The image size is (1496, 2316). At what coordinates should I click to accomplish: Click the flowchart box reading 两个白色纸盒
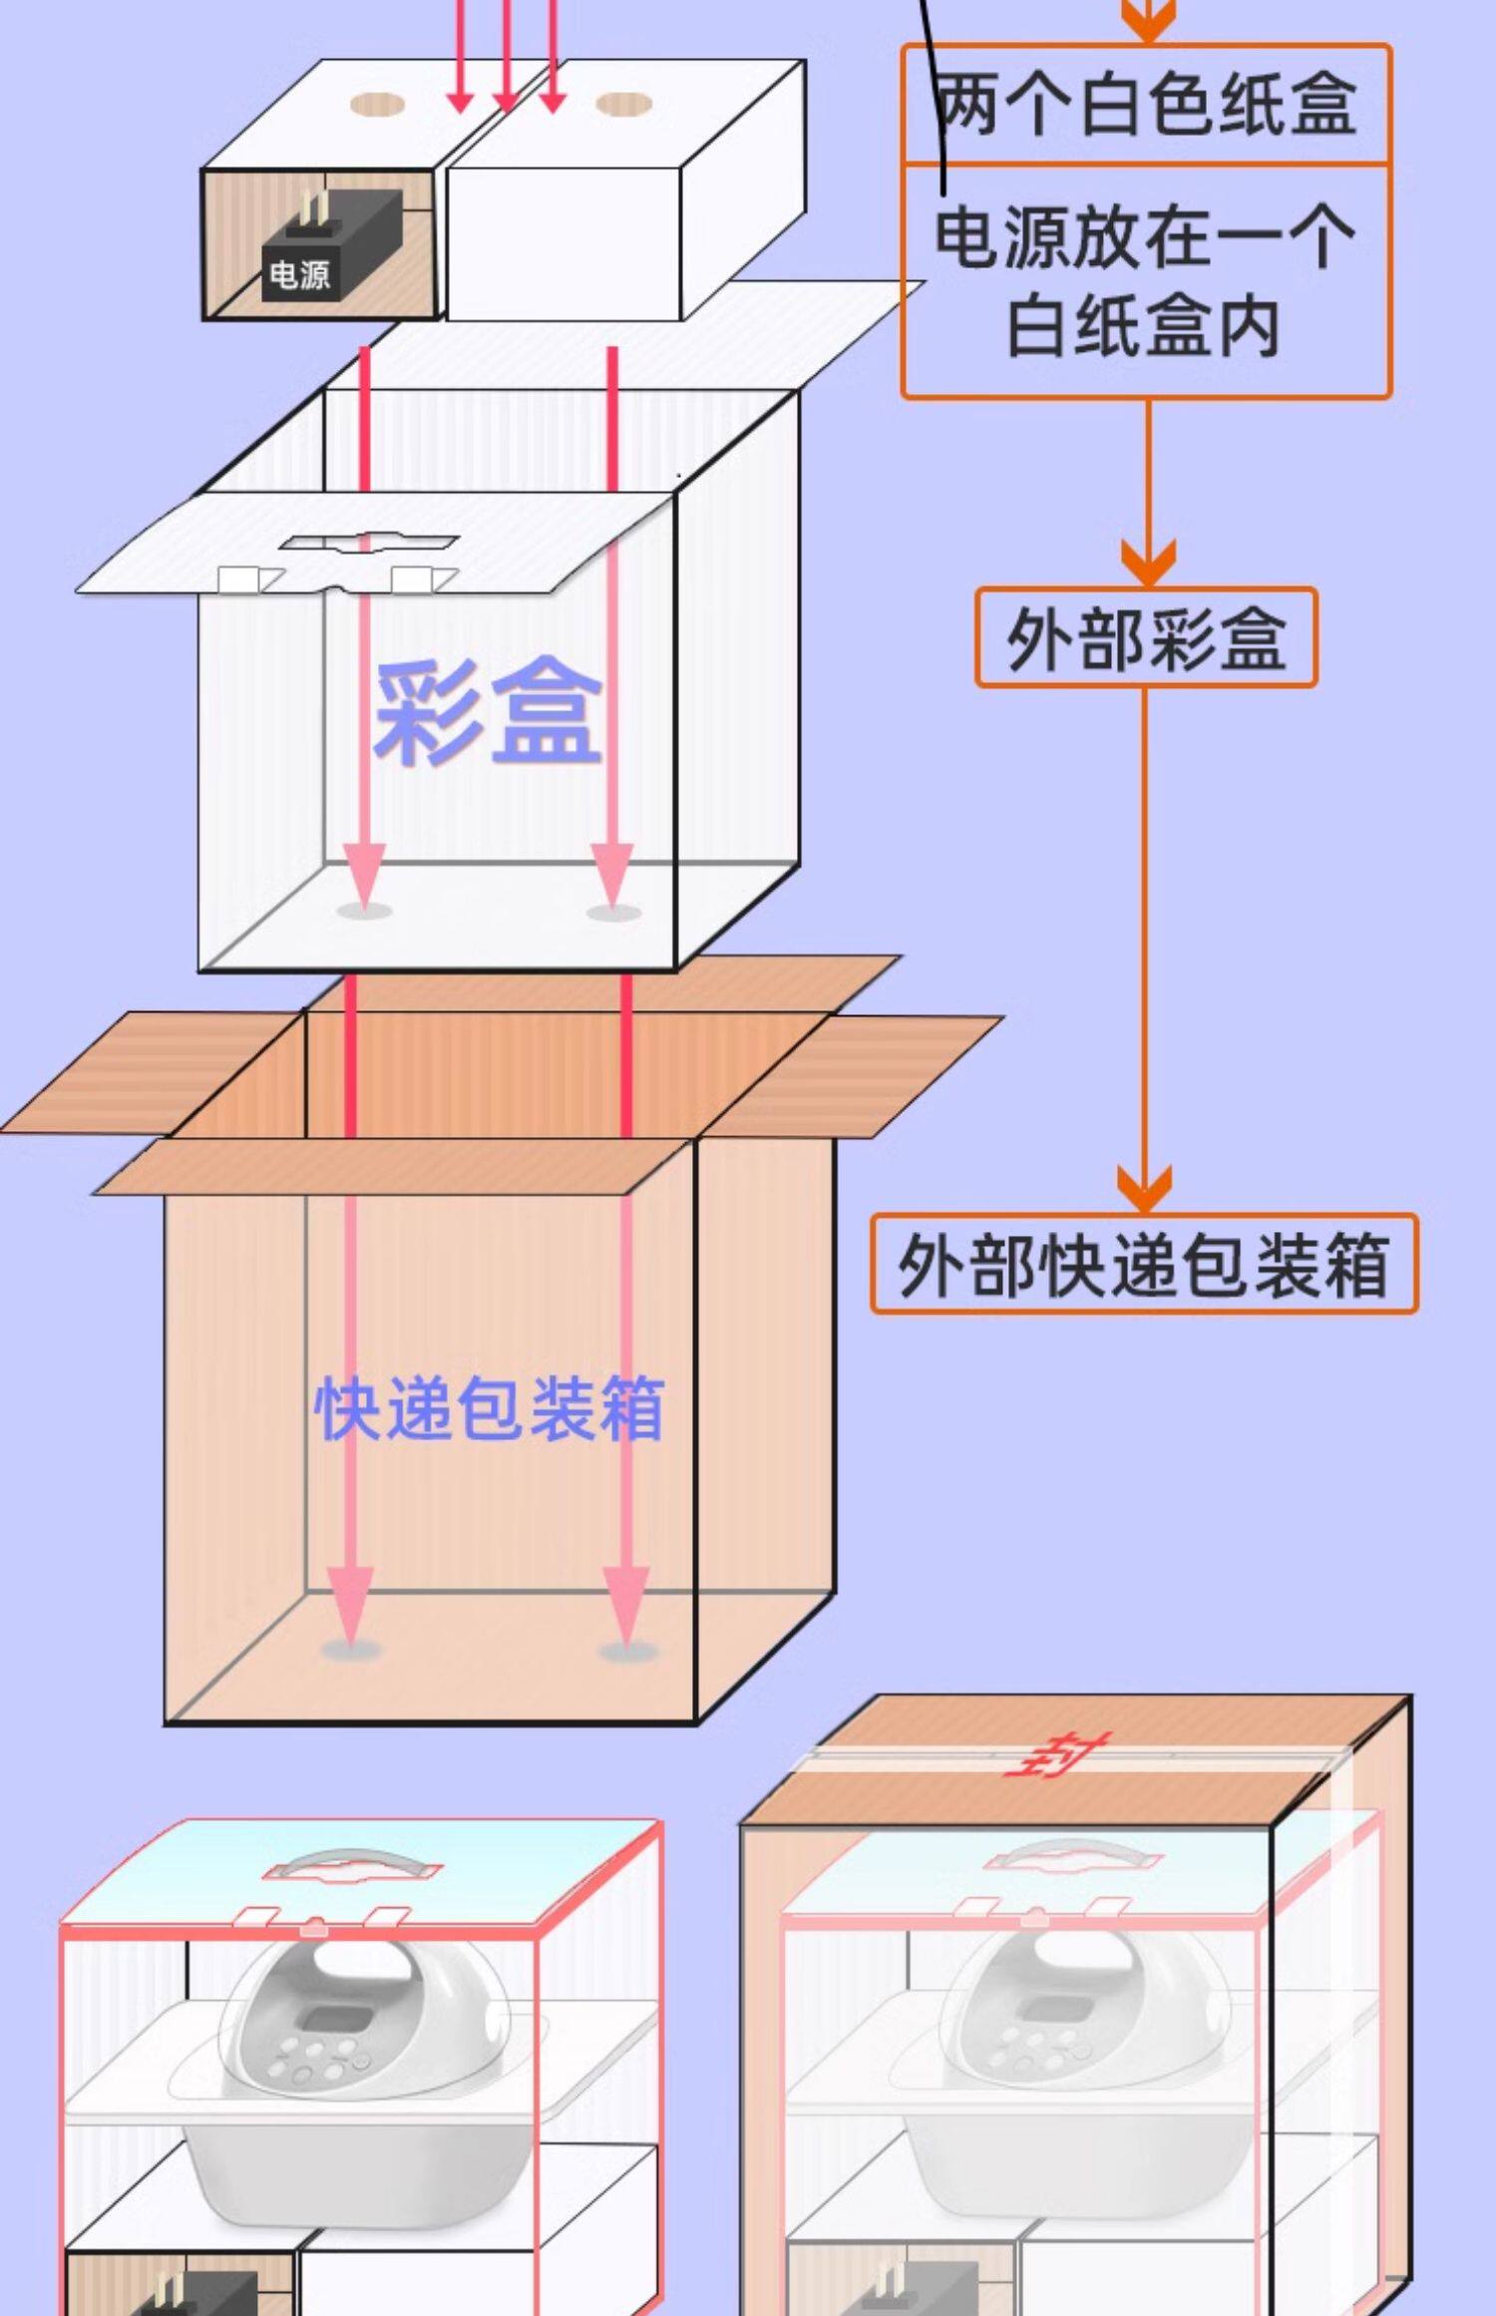click(1147, 105)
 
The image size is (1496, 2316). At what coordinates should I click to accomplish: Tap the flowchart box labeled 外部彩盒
click(1146, 638)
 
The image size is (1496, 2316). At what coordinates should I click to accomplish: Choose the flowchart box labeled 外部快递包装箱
click(1144, 1264)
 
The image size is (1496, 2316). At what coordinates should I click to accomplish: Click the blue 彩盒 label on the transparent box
click(488, 710)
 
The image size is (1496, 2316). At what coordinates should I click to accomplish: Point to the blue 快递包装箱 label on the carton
click(489, 1408)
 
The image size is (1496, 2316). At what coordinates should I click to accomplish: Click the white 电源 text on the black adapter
click(299, 274)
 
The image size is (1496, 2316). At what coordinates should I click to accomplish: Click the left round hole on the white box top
click(378, 104)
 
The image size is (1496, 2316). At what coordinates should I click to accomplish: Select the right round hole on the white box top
click(623, 104)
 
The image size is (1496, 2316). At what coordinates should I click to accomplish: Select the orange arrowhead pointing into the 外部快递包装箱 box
click(1145, 1189)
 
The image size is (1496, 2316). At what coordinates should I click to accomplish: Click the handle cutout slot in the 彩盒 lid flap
click(369, 544)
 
